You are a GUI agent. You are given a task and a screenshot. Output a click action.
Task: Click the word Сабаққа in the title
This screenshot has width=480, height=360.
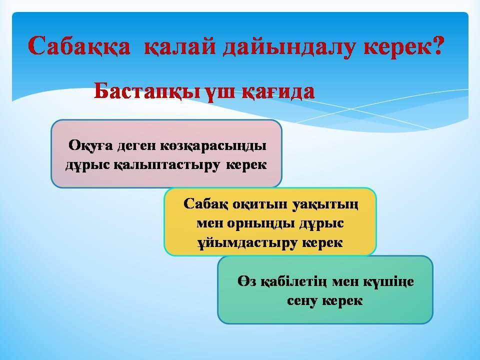pos(79,46)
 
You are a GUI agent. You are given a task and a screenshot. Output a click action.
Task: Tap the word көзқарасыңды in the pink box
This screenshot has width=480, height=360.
pos(213,146)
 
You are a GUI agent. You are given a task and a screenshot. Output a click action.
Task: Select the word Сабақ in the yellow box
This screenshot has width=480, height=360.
pos(205,204)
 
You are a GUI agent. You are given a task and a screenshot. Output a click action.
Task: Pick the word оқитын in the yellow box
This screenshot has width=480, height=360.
pos(260,204)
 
